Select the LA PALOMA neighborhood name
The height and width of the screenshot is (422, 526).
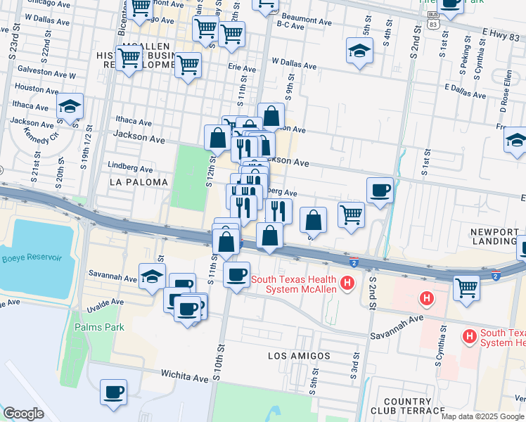point(139,182)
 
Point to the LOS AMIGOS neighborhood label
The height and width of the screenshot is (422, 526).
point(299,356)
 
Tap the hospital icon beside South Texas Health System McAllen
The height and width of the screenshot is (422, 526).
point(346,283)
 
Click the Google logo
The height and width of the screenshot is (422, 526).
point(24,414)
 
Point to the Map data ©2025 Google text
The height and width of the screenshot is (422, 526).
point(482,416)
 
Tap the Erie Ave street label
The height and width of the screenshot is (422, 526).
point(242,69)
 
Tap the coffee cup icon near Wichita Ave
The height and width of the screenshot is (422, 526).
point(113,392)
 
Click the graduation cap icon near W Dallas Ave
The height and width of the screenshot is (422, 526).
point(359,51)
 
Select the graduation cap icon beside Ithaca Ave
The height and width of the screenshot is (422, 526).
point(70,105)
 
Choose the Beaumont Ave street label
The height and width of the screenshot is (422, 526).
point(306,23)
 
